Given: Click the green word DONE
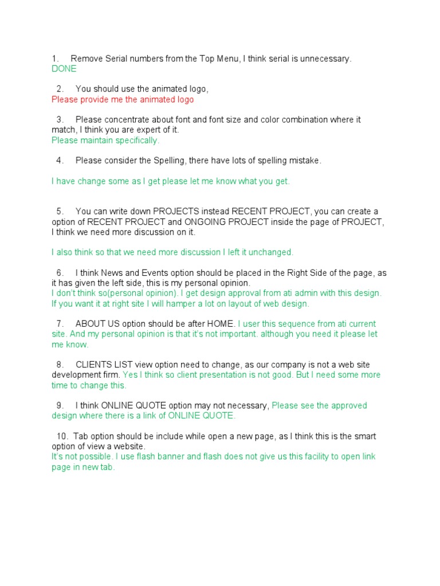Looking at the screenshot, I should click(x=64, y=69).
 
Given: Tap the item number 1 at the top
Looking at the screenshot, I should click(x=54, y=58).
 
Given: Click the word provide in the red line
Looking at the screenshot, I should click(x=92, y=100).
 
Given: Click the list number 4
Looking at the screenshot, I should click(x=60, y=161).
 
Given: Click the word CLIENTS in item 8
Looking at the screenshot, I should click(x=94, y=365).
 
